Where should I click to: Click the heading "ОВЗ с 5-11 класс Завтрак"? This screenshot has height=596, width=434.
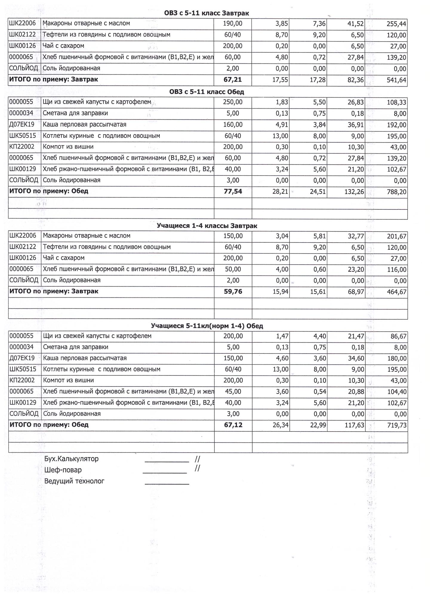(x=207, y=13)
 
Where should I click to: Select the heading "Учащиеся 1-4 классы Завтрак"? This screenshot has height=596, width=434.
(x=207, y=226)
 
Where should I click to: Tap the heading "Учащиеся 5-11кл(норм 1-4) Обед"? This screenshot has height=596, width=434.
(x=207, y=326)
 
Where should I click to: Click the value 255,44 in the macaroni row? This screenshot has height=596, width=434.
(x=396, y=24)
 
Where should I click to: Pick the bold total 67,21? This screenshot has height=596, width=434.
(x=233, y=80)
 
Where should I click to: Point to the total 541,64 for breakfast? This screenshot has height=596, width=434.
(x=396, y=80)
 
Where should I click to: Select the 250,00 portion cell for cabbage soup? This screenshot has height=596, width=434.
(x=233, y=102)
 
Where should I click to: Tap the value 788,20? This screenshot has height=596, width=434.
(x=396, y=192)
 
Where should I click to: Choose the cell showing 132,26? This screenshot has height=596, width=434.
(x=354, y=192)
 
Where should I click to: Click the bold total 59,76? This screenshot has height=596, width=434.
(x=233, y=292)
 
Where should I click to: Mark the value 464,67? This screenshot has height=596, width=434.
(x=396, y=292)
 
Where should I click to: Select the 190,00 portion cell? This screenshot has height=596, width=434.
(x=233, y=24)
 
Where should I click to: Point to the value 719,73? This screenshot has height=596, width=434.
(x=396, y=425)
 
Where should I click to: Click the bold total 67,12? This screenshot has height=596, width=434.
(x=233, y=425)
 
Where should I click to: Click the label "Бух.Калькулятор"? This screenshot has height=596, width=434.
(x=71, y=459)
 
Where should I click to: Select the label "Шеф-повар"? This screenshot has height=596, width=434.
(x=63, y=470)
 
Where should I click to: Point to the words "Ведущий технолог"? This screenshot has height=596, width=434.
(x=74, y=481)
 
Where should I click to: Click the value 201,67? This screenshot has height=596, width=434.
(x=396, y=237)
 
